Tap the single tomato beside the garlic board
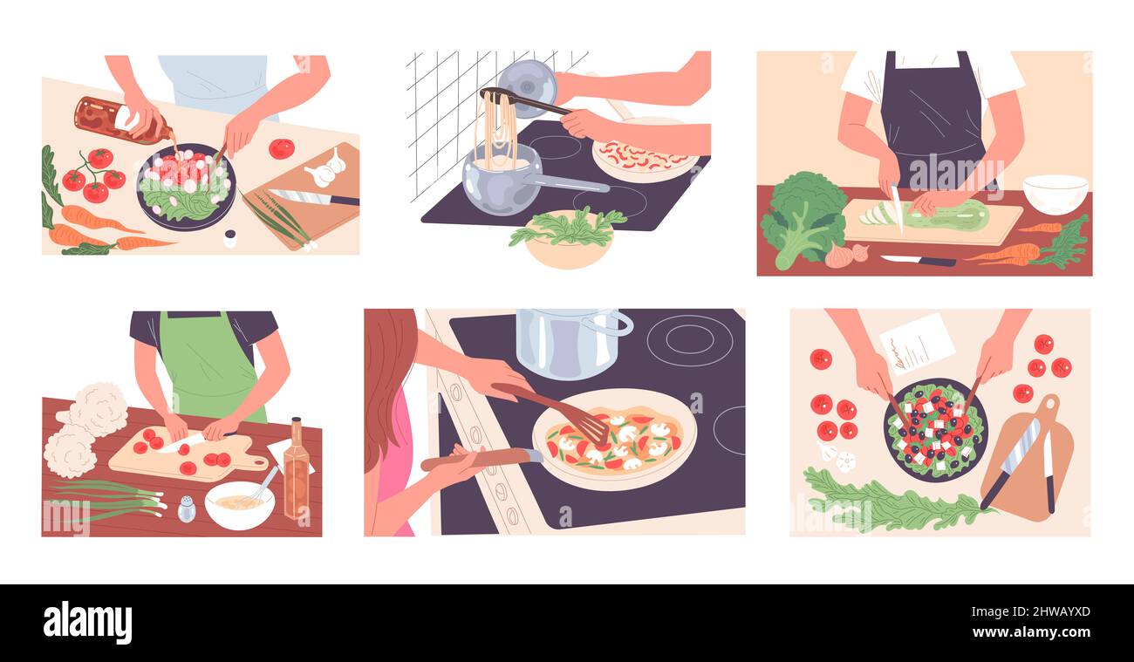coord(281,148)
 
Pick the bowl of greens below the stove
coord(568,240)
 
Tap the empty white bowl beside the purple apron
coord(1055,194)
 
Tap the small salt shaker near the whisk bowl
coord(187,508)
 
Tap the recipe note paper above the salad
coord(916,343)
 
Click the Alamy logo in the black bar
coord(88,623)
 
